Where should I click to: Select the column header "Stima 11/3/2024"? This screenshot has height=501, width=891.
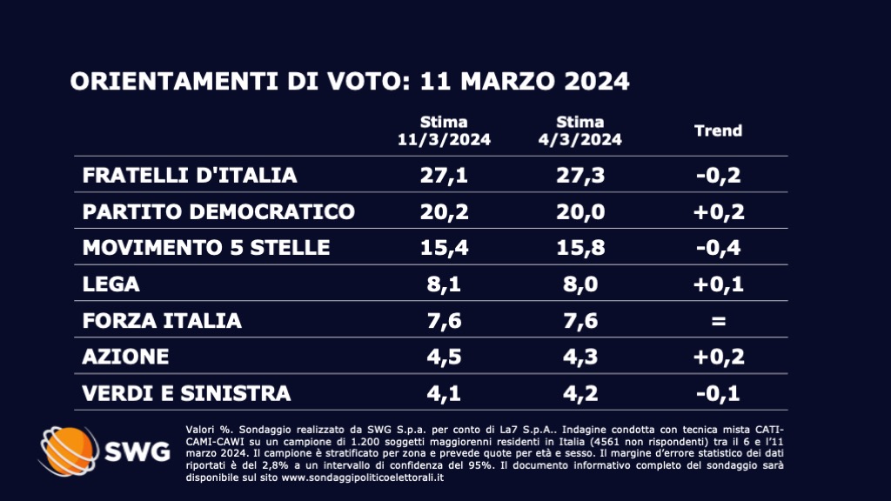[x=444, y=130]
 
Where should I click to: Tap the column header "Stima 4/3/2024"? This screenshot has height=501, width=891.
[x=581, y=130]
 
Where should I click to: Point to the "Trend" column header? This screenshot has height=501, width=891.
[x=718, y=130]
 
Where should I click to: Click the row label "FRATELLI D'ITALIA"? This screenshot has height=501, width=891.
[x=190, y=175]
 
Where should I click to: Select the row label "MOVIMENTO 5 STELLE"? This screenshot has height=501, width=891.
[x=206, y=248]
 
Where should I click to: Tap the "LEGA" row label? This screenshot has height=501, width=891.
[x=111, y=284]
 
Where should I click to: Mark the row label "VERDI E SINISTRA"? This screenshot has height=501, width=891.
[x=186, y=393]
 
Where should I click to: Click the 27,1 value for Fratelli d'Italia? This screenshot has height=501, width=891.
[x=444, y=175]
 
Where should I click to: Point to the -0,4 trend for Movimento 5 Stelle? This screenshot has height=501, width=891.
[x=718, y=248]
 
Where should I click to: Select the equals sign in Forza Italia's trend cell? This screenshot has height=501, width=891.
[x=718, y=321]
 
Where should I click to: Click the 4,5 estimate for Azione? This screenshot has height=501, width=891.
[x=444, y=357]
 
